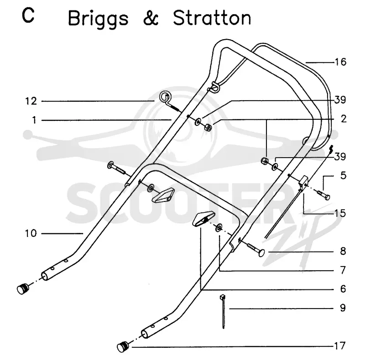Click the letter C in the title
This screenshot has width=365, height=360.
click(28, 15)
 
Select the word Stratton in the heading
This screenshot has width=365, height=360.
click(212, 18)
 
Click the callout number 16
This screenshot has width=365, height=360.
click(340, 62)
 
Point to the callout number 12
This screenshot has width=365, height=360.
click(31, 101)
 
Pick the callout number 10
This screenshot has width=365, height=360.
click(31, 233)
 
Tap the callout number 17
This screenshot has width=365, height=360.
click(340, 346)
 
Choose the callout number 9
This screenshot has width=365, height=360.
click(343, 308)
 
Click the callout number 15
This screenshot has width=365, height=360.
click(340, 213)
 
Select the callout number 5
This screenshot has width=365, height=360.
click(344, 175)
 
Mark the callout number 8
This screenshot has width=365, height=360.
click(343, 251)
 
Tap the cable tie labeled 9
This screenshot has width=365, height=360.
click(223, 311)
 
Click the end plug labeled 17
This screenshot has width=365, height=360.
click(123, 347)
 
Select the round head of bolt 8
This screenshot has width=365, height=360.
click(261, 252)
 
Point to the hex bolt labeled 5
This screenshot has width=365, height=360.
click(324, 195)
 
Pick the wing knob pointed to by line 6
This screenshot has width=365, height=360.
click(203, 219)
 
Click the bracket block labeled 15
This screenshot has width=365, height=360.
click(303, 183)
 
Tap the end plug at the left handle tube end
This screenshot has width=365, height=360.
click(23, 289)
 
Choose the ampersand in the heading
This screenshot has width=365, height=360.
click(151, 18)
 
